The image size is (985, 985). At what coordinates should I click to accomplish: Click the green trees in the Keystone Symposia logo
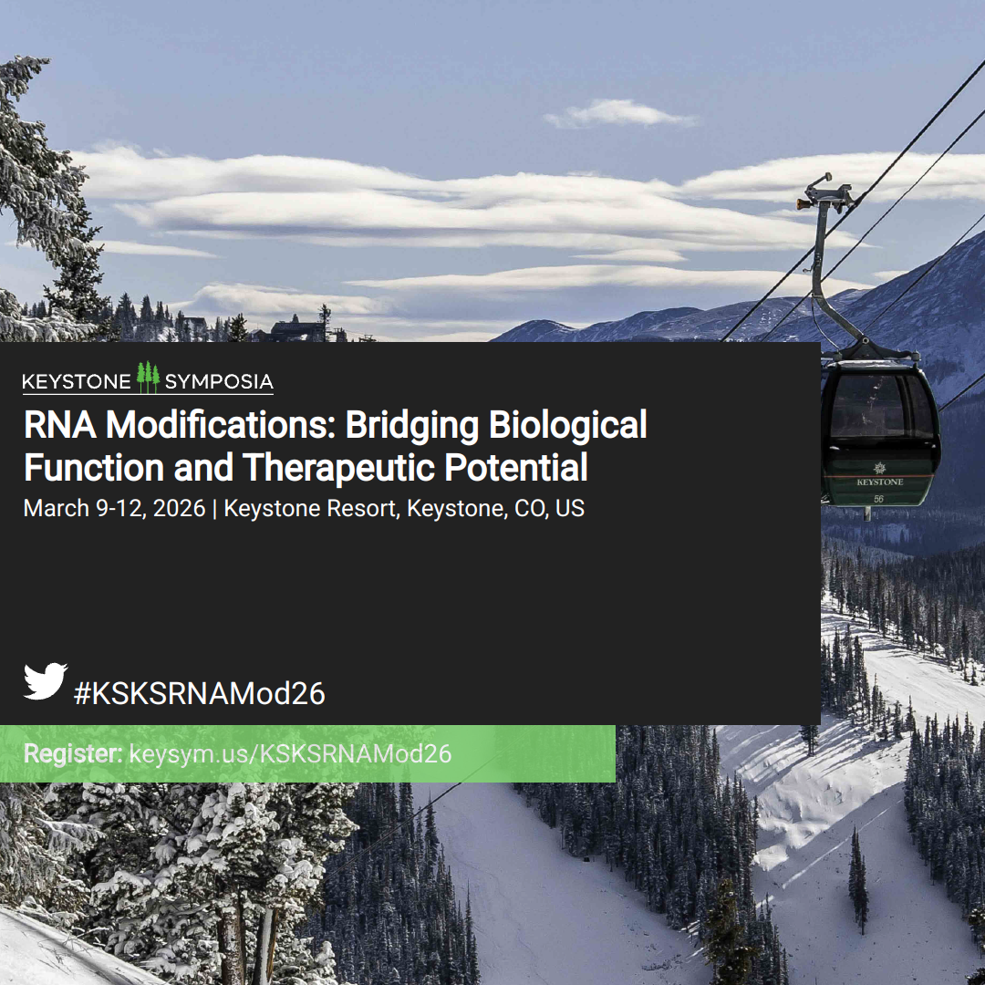pyautogui.click(x=148, y=377)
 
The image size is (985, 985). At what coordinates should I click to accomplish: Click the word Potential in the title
pyautogui.click(x=515, y=468)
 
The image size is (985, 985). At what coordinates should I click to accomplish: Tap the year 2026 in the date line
pyautogui.click(x=179, y=508)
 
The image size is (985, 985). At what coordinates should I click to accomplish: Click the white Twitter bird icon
pyautogui.click(x=46, y=680)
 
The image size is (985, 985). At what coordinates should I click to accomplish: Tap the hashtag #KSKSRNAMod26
pyautogui.click(x=200, y=694)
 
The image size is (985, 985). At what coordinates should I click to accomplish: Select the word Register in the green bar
pyautogui.click(x=73, y=754)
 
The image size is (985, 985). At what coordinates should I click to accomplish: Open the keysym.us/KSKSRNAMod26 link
pyautogui.click(x=290, y=754)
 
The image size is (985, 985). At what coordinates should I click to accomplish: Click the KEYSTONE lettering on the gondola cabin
pyautogui.click(x=879, y=482)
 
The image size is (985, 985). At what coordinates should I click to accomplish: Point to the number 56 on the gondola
pyautogui.click(x=878, y=499)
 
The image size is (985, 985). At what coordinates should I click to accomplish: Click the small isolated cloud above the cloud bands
pyautogui.click(x=619, y=114)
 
